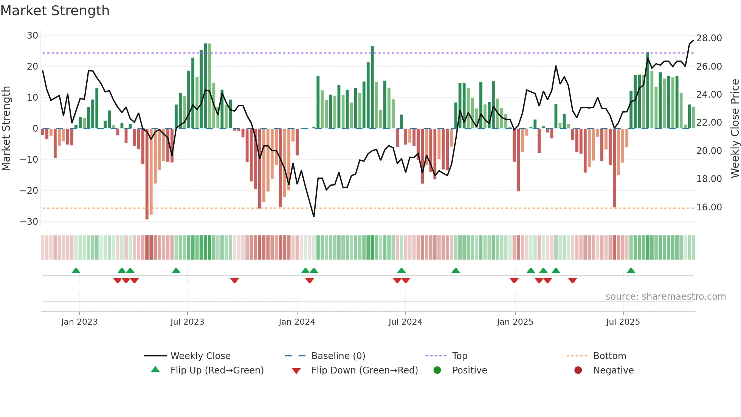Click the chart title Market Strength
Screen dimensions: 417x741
pyautogui.click(x=55, y=11)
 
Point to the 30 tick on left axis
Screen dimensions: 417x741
pyautogui.click(x=33, y=36)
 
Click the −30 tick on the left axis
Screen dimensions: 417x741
pyautogui.click(x=29, y=222)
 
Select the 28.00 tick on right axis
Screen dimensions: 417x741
pyautogui.click(x=709, y=38)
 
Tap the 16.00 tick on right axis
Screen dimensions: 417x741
pyautogui.click(x=709, y=207)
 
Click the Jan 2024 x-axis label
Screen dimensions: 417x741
pyautogui.click(x=297, y=322)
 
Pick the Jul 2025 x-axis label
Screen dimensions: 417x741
pyautogui.click(x=623, y=322)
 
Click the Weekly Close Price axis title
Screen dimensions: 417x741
pyautogui.click(x=735, y=129)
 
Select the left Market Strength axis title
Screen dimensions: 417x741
pyautogui.click(x=6, y=129)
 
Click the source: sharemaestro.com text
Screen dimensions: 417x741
pyautogui.click(x=665, y=297)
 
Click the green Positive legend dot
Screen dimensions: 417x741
pyautogui.click(x=437, y=370)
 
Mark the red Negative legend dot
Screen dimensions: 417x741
pyautogui.click(x=578, y=370)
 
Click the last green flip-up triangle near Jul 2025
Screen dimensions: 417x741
pyautogui.click(x=631, y=271)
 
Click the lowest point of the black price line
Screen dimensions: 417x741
pyautogui.click(x=314, y=216)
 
